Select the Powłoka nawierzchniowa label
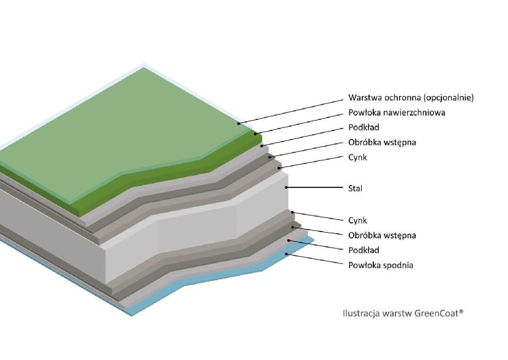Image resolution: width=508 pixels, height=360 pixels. pyautogui.click(x=396, y=113)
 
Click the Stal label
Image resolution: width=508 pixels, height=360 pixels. pyautogui.click(x=355, y=188)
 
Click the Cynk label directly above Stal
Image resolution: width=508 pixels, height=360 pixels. pyautogui.click(x=357, y=157)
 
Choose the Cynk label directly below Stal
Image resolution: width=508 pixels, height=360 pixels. pyautogui.click(x=357, y=220)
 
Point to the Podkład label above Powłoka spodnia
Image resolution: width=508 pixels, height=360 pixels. pyautogui.click(x=364, y=250)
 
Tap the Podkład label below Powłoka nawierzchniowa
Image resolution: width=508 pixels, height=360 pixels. pyautogui.click(x=364, y=127)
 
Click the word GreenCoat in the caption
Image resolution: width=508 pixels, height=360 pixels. pyautogui.click(x=438, y=313)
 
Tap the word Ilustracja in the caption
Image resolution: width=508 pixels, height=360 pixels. pyautogui.click(x=361, y=313)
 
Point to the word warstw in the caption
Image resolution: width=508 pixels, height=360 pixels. pyautogui.click(x=397, y=313)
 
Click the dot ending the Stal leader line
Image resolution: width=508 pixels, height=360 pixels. pyautogui.click(x=286, y=186)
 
